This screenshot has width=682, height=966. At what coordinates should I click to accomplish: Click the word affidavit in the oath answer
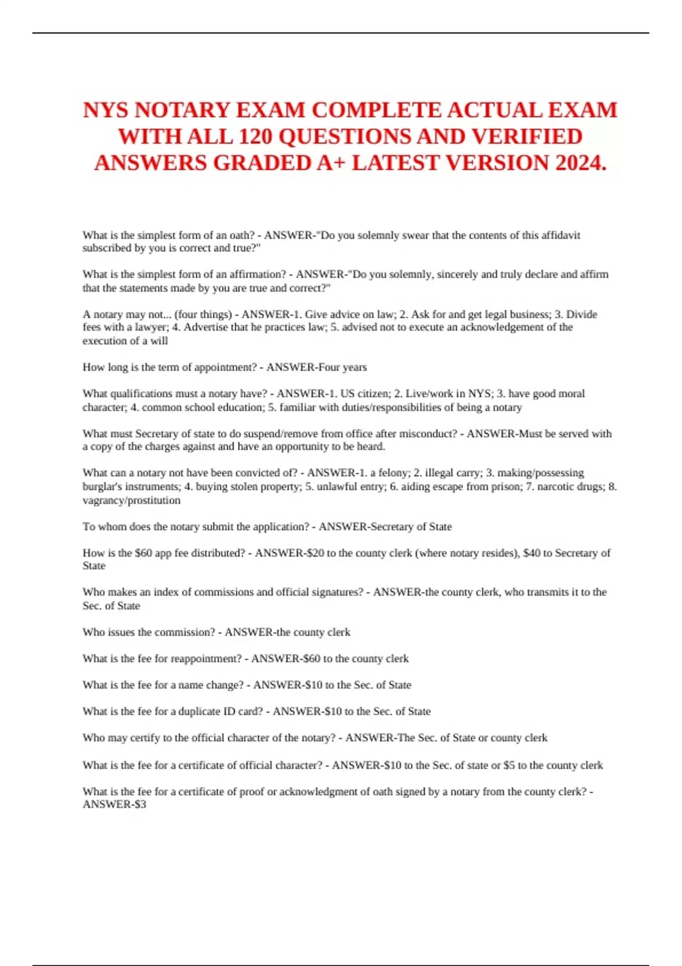pos(559,235)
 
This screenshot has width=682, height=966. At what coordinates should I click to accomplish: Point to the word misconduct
pos(427,434)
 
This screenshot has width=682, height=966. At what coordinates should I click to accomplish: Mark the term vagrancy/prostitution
pos(131,500)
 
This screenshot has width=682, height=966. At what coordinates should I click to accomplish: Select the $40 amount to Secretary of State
pos(531,553)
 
